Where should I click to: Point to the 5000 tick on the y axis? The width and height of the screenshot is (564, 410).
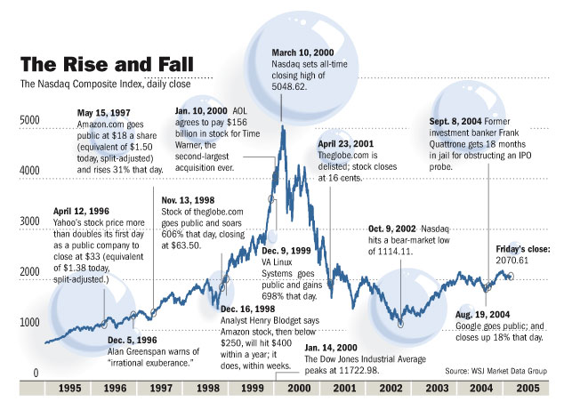click(30, 119)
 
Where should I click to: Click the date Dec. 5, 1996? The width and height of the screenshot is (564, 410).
click(133, 339)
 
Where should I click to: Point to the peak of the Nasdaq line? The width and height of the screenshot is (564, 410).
click(282, 125)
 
